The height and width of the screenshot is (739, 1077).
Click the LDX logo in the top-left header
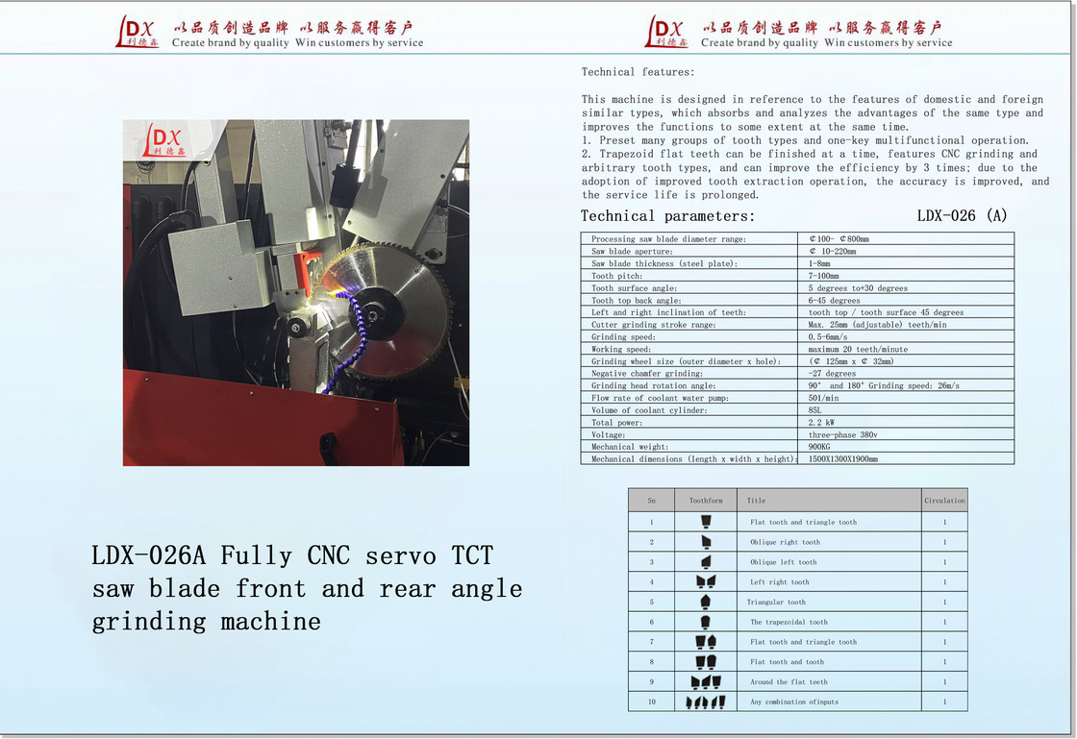138,32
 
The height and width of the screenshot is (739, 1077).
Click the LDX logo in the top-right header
666,32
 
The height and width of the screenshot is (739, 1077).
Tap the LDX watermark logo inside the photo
164,140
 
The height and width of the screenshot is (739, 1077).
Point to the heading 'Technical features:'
638,72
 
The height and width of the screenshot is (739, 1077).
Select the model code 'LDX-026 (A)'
962,216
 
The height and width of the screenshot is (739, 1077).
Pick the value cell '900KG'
819,447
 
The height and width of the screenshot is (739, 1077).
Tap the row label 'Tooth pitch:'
616,276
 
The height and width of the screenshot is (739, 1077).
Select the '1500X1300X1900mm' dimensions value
842,459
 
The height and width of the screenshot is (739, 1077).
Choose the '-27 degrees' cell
832,374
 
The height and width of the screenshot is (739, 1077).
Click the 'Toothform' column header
706,501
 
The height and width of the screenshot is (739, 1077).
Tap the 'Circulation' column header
944,501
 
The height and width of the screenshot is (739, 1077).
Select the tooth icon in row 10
706,702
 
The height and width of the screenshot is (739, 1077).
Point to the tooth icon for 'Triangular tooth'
706,602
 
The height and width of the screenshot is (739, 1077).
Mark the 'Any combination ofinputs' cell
794,702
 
